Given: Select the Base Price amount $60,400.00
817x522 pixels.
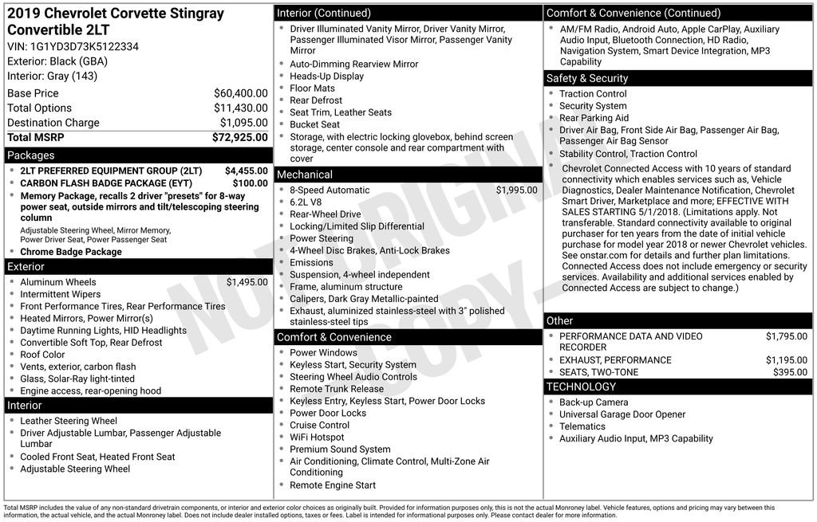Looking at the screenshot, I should pos(240,93).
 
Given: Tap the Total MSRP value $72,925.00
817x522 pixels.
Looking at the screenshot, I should pos(239,138).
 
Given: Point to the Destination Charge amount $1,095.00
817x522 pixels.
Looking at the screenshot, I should pos(243,123).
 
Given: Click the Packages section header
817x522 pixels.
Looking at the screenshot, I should pos(31,155).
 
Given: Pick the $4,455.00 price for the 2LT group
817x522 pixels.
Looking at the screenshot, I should pos(246,171).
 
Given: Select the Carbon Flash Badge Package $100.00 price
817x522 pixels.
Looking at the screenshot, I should pos(250,183).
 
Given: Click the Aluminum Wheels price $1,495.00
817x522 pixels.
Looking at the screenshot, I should pos(247,282).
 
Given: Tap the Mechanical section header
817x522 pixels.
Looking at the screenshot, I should pos(305,175).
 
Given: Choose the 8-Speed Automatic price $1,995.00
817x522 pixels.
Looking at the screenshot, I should pos(516,190).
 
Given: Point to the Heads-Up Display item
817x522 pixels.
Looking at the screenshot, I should pos(326,77).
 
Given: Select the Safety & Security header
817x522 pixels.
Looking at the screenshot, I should pos(587,78).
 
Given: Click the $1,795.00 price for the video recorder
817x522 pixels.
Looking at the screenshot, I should pos(786,336).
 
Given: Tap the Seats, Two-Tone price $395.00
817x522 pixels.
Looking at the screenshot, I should pos(790,372).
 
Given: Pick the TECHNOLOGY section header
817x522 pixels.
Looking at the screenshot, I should pos(581,387).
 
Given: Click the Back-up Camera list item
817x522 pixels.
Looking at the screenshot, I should pos(593,402).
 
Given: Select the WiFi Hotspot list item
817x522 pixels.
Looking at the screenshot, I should pos(317,438).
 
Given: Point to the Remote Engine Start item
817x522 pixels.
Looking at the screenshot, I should pos(332,485).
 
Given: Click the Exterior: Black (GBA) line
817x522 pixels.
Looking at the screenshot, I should pos(57,61).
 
